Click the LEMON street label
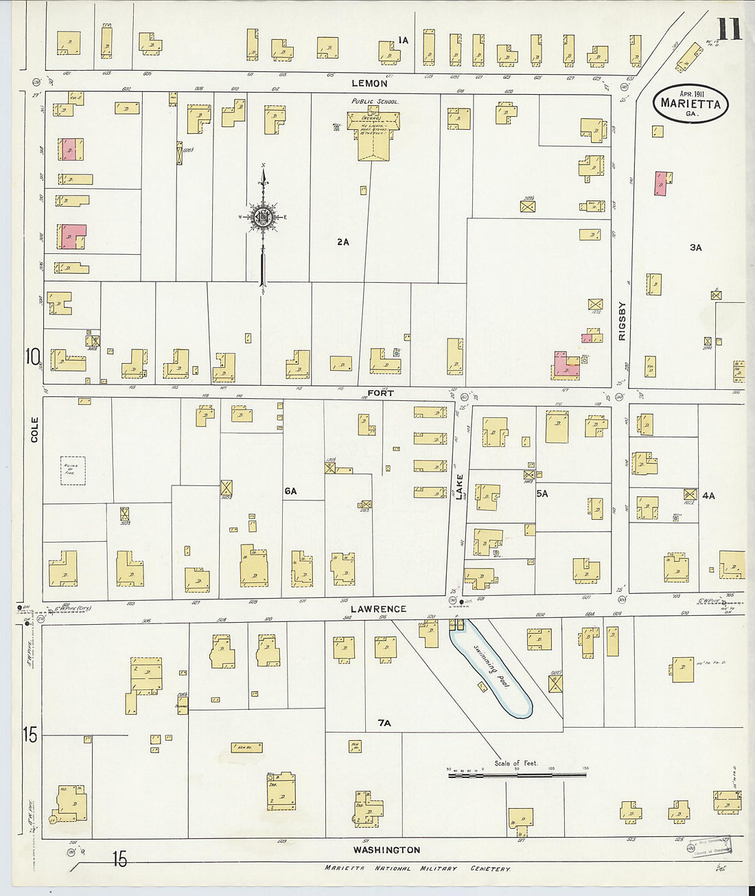[x=369, y=83]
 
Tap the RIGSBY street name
[x=623, y=321]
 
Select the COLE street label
[x=34, y=429]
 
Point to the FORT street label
[x=380, y=393]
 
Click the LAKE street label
[x=460, y=486]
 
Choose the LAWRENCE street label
[x=378, y=609]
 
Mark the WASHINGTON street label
[x=386, y=849]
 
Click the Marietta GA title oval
[x=690, y=104]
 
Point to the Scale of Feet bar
[x=517, y=774]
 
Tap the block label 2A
[x=343, y=242]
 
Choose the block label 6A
[x=290, y=491]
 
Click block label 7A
[x=384, y=723]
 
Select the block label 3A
[x=696, y=247]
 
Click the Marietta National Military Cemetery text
[x=417, y=869]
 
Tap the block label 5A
[x=543, y=493]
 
